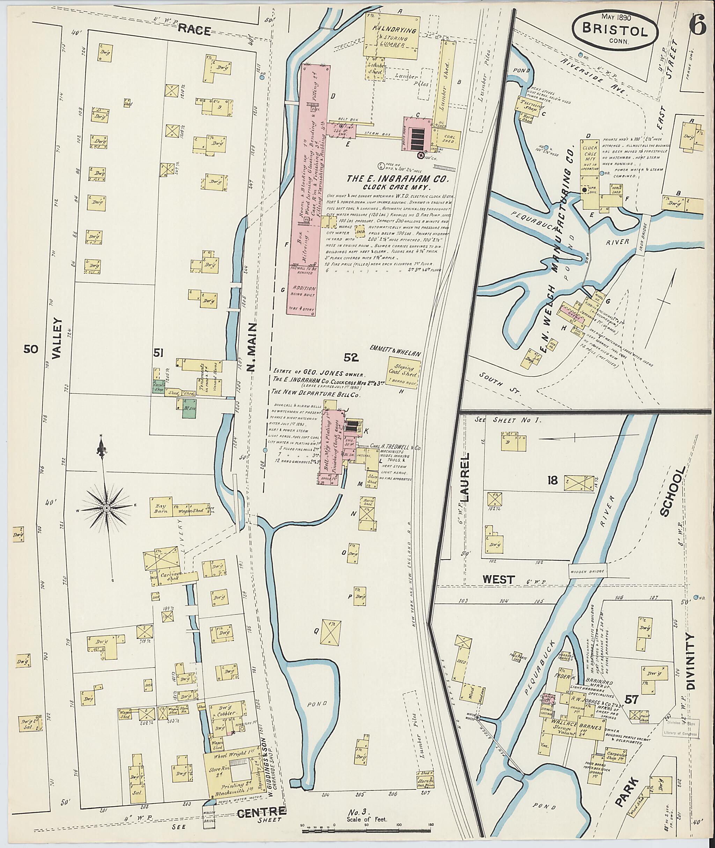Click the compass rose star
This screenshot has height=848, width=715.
pyautogui.click(x=106, y=508)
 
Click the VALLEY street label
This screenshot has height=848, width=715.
pyautogui.click(x=57, y=338)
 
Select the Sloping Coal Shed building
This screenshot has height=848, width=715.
pyautogui.click(x=402, y=373)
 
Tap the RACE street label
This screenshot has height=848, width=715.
pyautogui.click(x=194, y=30)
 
